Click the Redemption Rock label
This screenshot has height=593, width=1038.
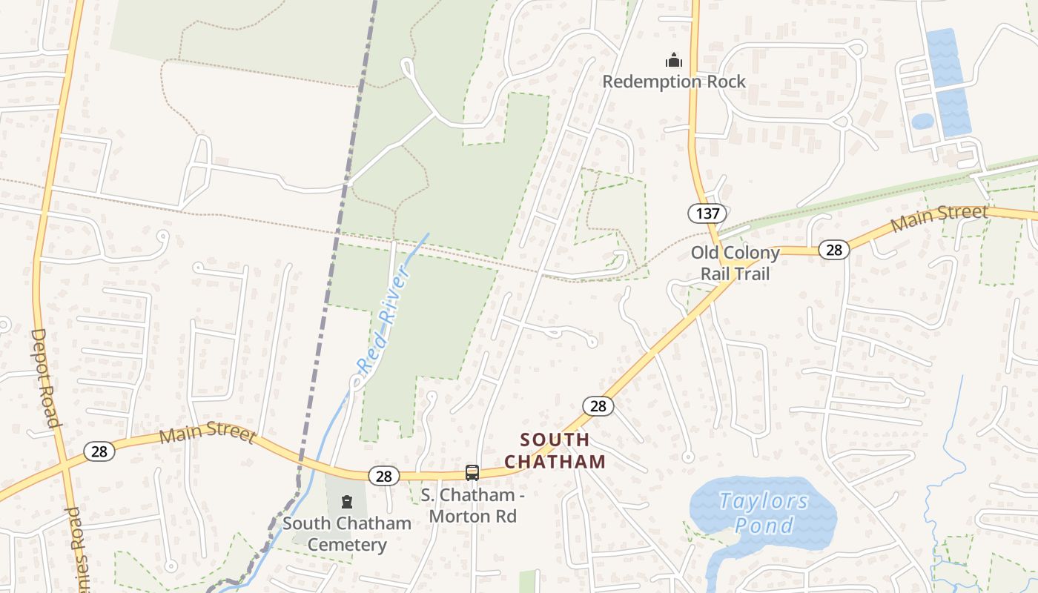[x=673, y=82]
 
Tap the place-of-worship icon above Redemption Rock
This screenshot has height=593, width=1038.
[x=673, y=60]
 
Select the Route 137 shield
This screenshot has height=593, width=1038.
[x=707, y=213]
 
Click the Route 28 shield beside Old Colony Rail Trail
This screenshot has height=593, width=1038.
[x=834, y=250]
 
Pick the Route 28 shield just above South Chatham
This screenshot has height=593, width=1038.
[x=598, y=405]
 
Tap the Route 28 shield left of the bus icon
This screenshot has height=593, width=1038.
[x=383, y=476]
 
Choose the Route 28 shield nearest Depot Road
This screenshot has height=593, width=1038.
[x=99, y=451]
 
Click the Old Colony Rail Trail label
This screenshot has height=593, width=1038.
[x=735, y=263]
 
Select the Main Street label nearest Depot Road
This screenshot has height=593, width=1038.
[x=208, y=434]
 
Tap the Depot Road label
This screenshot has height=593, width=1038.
[x=44, y=378]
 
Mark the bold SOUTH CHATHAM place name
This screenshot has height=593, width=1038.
[x=555, y=451]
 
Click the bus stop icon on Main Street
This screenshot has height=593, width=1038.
[x=472, y=472]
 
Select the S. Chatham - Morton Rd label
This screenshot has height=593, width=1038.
[x=473, y=505]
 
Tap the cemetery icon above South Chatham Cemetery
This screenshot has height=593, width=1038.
[x=346, y=502]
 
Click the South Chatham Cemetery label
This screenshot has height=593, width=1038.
[x=346, y=534]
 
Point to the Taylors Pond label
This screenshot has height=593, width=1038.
[x=763, y=512]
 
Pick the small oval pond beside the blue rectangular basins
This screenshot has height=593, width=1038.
[x=922, y=121]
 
